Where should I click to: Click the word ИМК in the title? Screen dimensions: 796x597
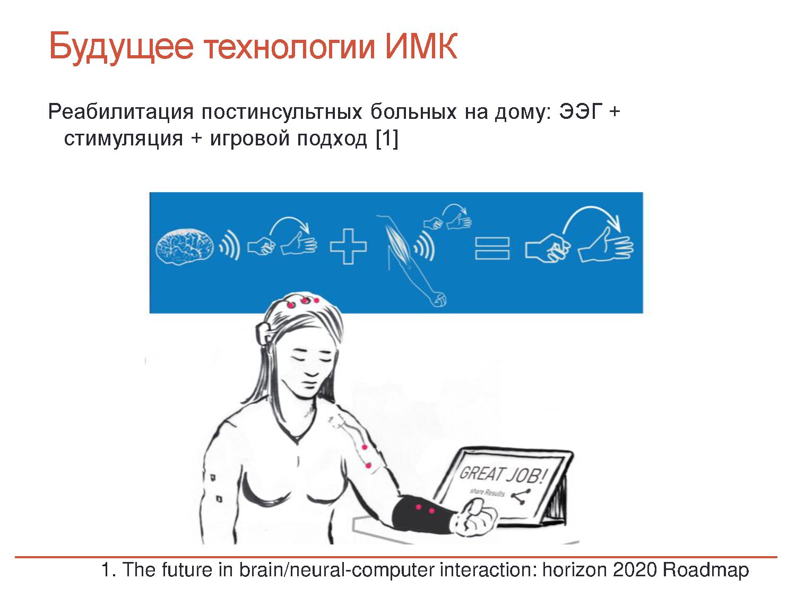click(x=421, y=46)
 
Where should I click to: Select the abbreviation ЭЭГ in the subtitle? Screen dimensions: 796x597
click(x=581, y=111)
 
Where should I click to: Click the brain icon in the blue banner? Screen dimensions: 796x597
click(x=185, y=246)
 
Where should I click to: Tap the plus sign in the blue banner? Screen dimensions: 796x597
click(x=348, y=246)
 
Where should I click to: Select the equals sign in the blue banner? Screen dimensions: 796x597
click(x=492, y=249)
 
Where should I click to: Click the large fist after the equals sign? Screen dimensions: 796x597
click(x=548, y=248)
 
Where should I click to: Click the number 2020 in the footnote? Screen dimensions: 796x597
click(x=635, y=570)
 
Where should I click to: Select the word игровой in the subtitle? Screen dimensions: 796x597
click(x=250, y=139)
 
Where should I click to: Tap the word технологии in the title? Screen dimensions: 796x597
click(x=289, y=47)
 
